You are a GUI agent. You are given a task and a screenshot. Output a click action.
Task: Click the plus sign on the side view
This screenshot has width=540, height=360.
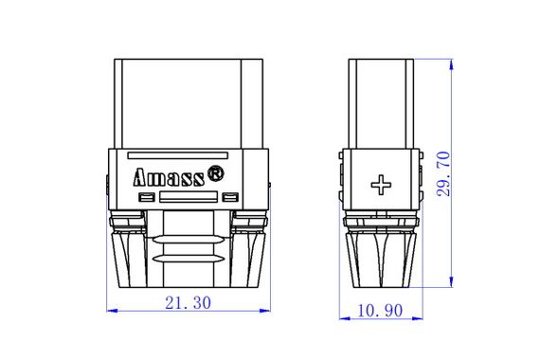(x=380, y=185)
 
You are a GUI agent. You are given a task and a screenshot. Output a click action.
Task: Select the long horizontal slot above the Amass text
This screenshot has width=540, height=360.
(x=178, y=154)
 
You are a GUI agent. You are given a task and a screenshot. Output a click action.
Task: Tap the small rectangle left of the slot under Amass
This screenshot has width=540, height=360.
(x=145, y=197)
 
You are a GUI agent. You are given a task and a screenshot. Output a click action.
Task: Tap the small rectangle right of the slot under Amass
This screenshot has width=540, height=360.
(x=230, y=197)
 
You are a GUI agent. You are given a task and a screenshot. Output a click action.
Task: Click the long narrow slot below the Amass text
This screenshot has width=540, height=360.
(x=187, y=198)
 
